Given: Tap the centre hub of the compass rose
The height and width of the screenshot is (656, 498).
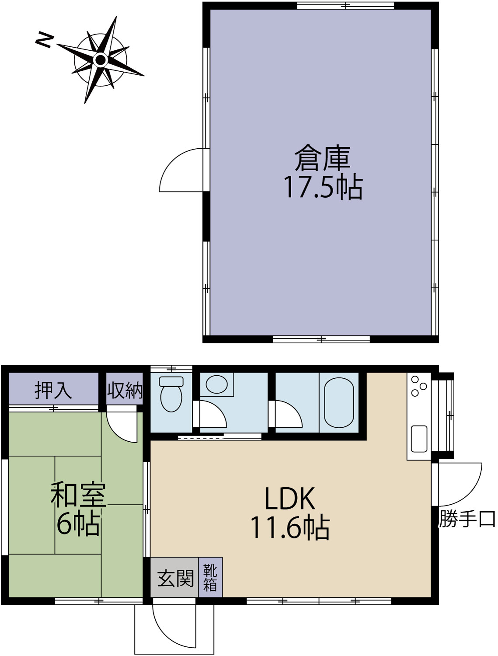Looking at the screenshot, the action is coord(101,60).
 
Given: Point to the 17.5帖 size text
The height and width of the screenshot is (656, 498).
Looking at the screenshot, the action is coord(323,187).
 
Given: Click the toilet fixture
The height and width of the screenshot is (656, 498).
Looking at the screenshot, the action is coord(171,394).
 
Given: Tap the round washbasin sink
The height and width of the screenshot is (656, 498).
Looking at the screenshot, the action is coord(216,384).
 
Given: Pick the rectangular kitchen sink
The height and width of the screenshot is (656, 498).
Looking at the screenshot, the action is coord(419,439).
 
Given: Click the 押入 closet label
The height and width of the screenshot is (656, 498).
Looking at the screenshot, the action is coord(53,390).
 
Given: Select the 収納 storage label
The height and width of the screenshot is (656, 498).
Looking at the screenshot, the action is coord(125,390).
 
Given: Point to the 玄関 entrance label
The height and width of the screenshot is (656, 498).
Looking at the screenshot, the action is coord(176,578).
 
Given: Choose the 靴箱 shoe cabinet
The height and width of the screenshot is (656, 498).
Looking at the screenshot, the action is coord(210,577).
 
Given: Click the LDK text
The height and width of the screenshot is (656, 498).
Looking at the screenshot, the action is coord(290,499).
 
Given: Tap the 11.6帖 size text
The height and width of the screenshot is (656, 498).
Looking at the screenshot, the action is coord(290,528).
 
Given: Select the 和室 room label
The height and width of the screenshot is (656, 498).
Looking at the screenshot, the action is coord(78,494).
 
